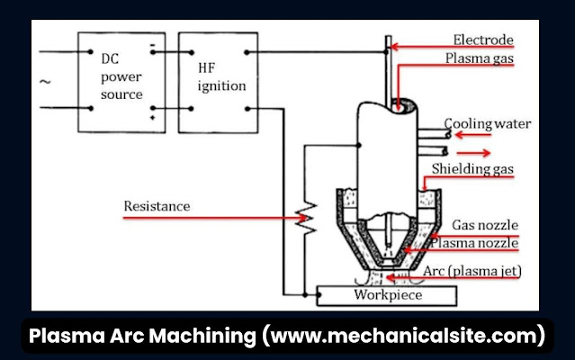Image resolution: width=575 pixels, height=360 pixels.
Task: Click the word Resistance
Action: pos(157,206)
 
